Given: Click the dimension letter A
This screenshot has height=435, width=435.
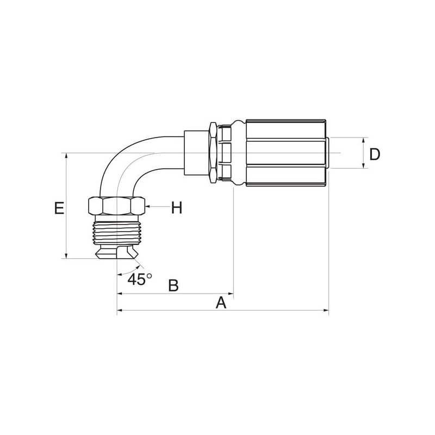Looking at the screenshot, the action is (221, 303).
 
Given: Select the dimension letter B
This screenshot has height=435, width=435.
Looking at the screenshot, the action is (173, 285).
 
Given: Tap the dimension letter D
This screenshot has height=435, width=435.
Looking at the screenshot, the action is (375, 154).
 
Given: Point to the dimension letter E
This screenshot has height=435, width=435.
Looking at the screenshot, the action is (59, 208).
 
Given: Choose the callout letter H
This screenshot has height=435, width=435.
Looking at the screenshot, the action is (177, 208).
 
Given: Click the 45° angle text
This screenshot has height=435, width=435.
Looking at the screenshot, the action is (140, 279).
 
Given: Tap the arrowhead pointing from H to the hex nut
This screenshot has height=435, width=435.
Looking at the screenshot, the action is (147, 207).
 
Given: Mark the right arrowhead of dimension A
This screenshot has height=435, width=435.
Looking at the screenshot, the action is (326, 310).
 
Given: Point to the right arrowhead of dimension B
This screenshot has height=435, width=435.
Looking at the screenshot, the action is (231, 293).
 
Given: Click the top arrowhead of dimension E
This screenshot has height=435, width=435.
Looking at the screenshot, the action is (66, 156).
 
